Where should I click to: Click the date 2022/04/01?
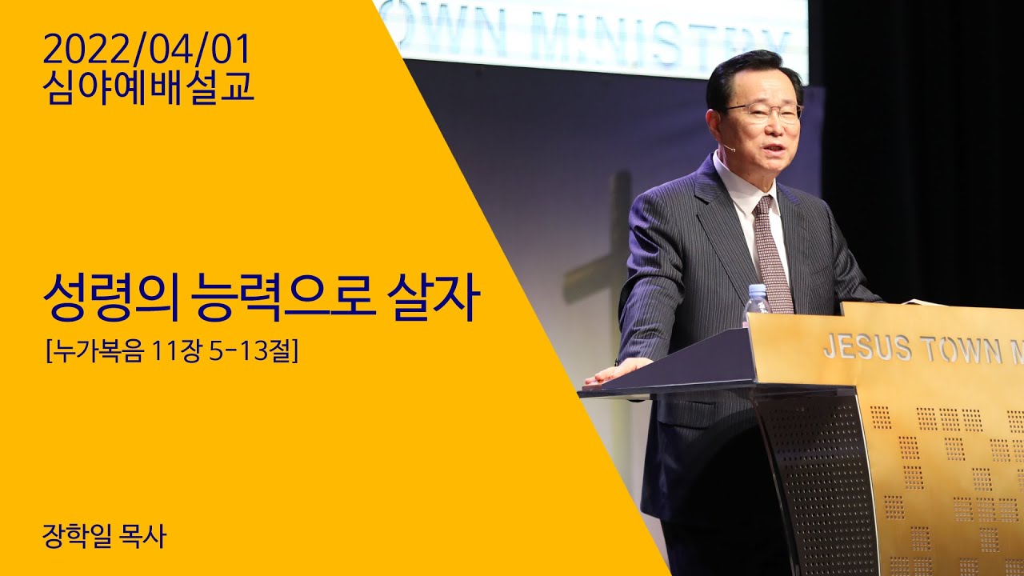(x=147, y=50)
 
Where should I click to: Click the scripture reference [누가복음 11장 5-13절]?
(x=172, y=350)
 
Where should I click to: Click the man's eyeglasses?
(x=764, y=112)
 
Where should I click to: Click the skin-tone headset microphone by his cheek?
(x=726, y=147)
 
